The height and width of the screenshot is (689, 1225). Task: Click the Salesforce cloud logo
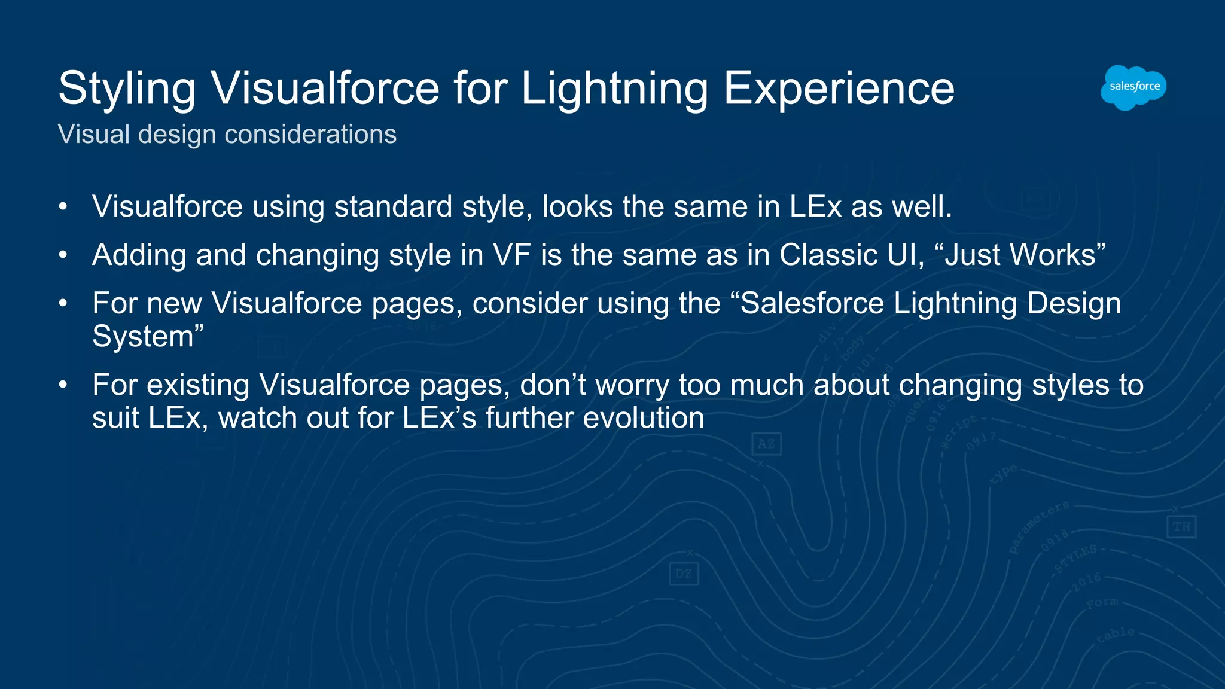[1133, 87]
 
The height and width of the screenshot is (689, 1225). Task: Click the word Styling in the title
[127, 89]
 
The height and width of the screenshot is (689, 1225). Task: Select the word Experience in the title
[839, 89]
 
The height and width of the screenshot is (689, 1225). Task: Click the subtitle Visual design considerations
[227, 134]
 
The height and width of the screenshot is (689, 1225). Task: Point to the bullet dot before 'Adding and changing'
[63, 255]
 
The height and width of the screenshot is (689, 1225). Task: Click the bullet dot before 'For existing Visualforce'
[63, 385]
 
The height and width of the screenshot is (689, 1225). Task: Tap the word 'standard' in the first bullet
[392, 207]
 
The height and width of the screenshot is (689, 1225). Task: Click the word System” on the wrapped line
[148, 337]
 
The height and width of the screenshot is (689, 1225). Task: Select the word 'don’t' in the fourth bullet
[553, 385]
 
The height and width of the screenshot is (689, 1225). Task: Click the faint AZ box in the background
[766, 444]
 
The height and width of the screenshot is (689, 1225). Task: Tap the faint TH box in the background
[1181, 527]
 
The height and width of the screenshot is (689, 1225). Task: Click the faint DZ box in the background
[683, 574]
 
